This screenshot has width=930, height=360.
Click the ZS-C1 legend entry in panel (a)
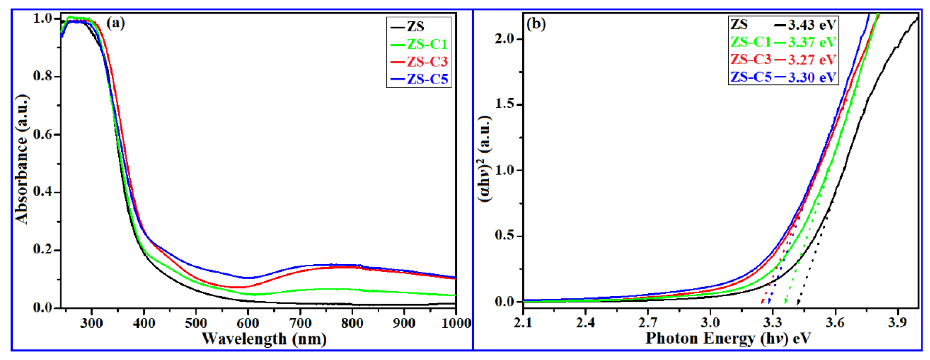(427, 44)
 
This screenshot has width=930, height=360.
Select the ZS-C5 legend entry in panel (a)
(427, 79)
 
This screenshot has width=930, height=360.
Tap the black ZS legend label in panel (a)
(416, 26)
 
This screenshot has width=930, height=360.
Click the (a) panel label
(115, 23)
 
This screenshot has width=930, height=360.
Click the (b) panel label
(536, 24)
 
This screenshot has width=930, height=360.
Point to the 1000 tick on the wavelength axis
(456, 322)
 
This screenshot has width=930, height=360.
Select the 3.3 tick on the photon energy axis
(772, 322)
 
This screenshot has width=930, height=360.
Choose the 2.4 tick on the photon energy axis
(585, 322)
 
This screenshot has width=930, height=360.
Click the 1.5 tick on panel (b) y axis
(504, 104)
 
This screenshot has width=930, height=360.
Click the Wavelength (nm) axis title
(264, 339)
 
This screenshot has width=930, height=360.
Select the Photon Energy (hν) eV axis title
(728, 339)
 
